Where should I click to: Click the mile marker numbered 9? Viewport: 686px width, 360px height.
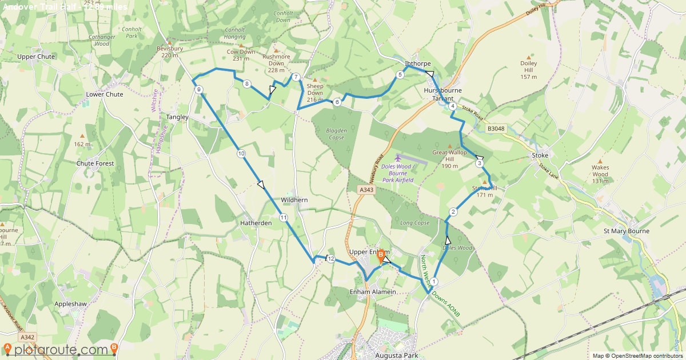coord(198,90)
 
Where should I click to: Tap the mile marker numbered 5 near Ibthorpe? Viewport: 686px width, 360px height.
coord(400,75)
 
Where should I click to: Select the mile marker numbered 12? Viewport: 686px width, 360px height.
coord(331,259)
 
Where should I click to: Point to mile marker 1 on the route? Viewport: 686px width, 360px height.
coord(434,281)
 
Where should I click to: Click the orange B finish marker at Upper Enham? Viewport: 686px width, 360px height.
coord(381,255)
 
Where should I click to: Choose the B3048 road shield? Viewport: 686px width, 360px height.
coord(496,129)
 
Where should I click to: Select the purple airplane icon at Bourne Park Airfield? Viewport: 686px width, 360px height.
coord(398,157)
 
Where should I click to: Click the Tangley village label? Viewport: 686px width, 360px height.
coord(177,117)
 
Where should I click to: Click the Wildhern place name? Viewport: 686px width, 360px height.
coord(294,200)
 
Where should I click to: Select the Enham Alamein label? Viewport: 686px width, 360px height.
coord(373,291)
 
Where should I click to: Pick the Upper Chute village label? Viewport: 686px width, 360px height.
coord(36,57)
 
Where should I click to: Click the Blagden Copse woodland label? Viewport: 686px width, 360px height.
coord(336,134)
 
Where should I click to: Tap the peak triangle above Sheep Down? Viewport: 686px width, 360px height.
coord(314,79)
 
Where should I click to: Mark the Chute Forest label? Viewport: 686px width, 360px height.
coord(95,163)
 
